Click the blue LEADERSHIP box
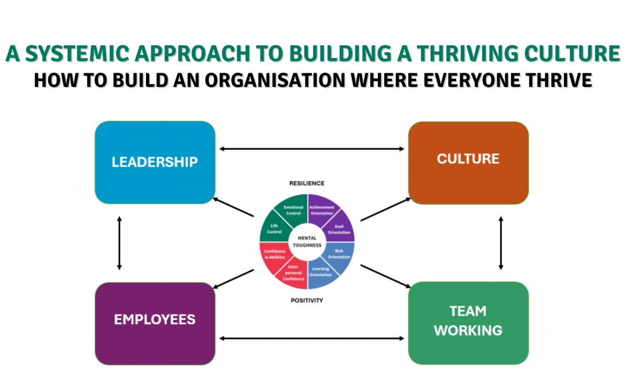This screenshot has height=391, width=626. [x=155, y=162]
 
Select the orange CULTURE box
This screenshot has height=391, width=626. [x=468, y=159]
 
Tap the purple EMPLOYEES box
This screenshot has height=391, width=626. [x=155, y=320]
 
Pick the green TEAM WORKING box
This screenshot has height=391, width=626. [x=468, y=321]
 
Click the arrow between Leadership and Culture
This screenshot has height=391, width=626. [x=312, y=149]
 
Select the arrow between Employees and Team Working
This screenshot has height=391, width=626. [x=312, y=338]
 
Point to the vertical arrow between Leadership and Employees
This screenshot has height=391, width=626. [x=119, y=243]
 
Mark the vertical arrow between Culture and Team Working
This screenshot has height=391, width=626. [x=501, y=243]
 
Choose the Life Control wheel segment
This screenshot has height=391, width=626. [x=275, y=229]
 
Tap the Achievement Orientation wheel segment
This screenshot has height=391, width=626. [x=321, y=210]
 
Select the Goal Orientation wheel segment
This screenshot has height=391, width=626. [x=339, y=229]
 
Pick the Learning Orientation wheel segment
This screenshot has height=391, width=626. [x=321, y=272]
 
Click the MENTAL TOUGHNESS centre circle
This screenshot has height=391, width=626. [x=307, y=241]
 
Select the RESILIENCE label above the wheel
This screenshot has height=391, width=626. [x=307, y=184]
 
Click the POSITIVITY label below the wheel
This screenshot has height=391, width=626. [x=307, y=300]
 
